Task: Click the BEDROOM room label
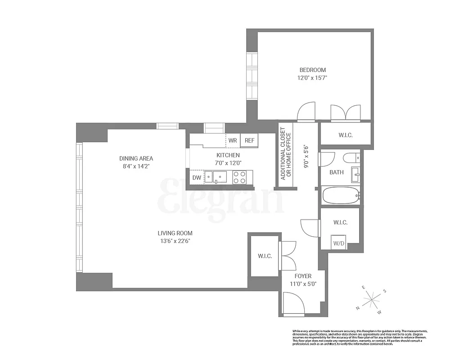click(x=312, y=70)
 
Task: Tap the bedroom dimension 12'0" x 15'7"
click(x=312, y=78)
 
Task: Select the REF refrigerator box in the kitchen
click(x=249, y=140)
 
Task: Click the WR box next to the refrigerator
click(x=233, y=140)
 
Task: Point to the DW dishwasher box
click(x=197, y=178)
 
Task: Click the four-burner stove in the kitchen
click(x=239, y=177)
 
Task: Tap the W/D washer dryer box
click(x=339, y=243)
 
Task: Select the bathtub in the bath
click(x=341, y=195)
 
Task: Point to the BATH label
click(x=337, y=172)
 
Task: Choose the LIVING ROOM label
click(x=175, y=233)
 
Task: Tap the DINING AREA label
click(x=136, y=158)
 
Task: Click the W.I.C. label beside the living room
click(x=265, y=256)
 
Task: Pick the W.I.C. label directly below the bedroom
click(x=345, y=135)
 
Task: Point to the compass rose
click(x=371, y=299)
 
